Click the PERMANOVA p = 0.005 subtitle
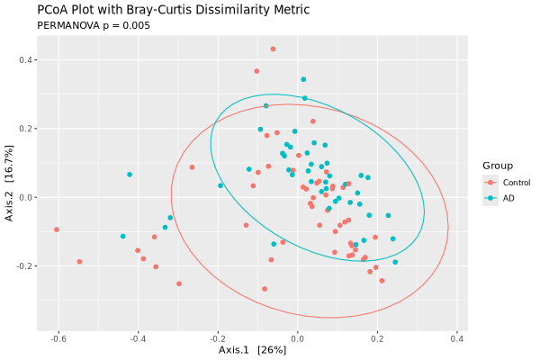[x=93, y=26]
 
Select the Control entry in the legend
[x=509, y=183]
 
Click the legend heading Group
[x=498, y=166]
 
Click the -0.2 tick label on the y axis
[x=25, y=266]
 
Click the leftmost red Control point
[x=57, y=229]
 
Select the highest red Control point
[x=273, y=49]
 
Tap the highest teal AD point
[x=303, y=79]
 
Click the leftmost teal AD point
[x=130, y=175]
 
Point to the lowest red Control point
[x=265, y=289]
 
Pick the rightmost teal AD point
[x=395, y=262]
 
